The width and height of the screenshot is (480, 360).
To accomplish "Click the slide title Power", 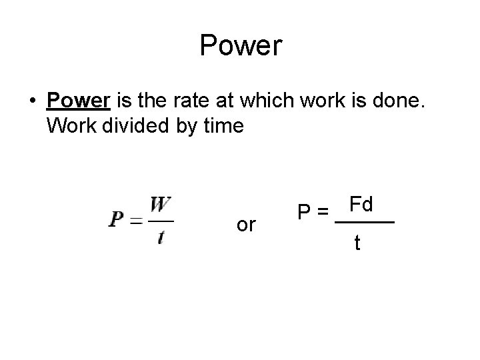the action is pos(241,47).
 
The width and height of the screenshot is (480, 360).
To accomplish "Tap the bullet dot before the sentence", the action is pos(31,101).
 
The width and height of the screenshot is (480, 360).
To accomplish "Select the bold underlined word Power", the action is pos(79,101).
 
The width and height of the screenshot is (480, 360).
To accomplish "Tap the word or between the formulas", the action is pos(245,225).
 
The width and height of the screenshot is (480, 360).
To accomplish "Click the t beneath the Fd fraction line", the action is pos(359,243).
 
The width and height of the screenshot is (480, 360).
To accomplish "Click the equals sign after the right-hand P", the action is pos(323,213).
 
